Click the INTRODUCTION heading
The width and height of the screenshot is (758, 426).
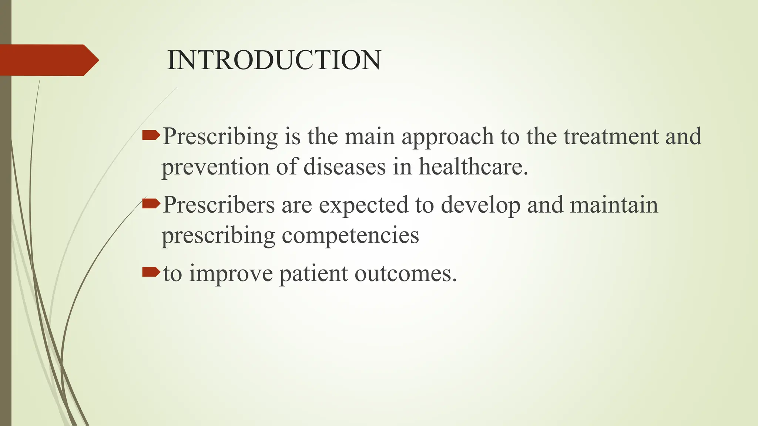click(274, 60)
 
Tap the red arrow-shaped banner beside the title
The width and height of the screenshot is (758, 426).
click(48, 60)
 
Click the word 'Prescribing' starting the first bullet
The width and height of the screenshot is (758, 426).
click(220, 136)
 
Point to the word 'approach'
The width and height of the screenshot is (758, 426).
click(448, 136)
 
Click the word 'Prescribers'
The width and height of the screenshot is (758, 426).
click(219, 204)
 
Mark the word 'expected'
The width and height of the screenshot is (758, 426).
click(363, 204)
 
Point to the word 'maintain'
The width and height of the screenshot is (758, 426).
click(614, 204)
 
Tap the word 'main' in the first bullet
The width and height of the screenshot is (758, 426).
click(370, 136)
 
